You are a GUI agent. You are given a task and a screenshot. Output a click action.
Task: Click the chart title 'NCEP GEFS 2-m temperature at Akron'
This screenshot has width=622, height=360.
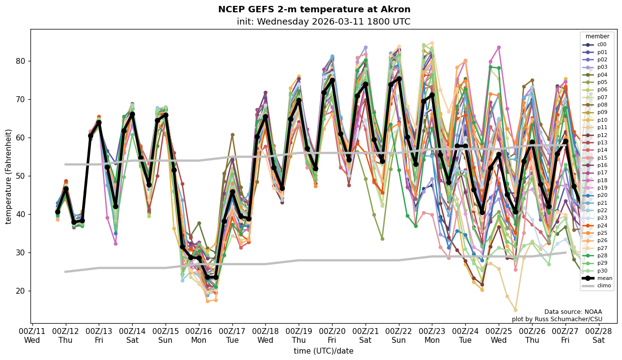[x=314, y=9]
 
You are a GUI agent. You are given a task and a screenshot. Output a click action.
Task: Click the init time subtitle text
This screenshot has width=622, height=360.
[x=323, y=22]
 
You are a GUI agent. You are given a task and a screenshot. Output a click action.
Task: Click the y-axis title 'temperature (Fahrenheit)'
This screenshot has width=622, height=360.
[x=9, y=176]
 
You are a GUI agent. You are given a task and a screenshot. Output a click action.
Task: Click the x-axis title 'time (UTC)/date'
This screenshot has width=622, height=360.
[x=323, y=351]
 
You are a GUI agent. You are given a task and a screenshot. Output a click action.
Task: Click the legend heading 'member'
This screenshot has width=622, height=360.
[x=597, y=36]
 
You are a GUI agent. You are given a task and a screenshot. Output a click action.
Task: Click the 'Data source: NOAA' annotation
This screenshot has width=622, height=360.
[x=573, y=312]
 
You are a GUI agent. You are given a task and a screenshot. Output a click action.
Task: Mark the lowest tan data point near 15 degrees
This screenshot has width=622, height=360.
[x=515, y=310]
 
